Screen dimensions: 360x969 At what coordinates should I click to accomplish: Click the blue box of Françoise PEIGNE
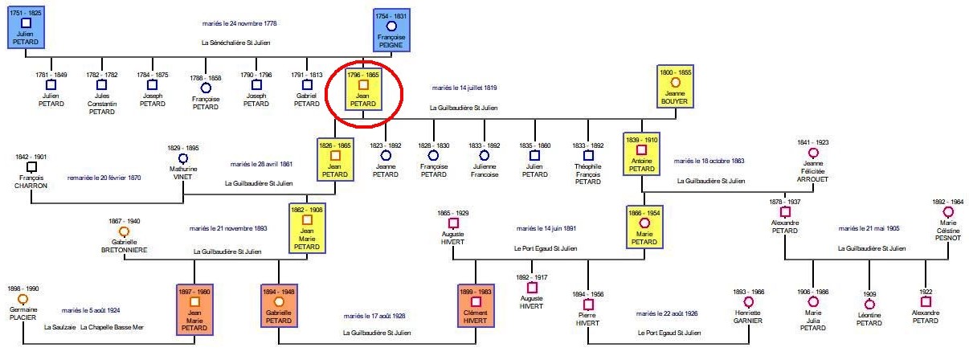391,31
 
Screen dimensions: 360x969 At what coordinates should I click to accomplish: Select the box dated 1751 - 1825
27,31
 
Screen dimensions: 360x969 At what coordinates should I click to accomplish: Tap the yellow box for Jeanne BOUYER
675,88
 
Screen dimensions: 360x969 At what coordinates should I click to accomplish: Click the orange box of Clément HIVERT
476,306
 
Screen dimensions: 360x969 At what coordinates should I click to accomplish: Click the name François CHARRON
31,182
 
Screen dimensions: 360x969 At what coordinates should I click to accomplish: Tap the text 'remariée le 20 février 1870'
104,178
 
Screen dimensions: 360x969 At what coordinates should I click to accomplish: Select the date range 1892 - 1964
948,202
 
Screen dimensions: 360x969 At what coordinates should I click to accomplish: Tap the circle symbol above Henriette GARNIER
749,302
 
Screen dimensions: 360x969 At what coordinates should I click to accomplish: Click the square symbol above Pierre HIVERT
588,305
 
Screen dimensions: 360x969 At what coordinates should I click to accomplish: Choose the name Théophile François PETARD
588,174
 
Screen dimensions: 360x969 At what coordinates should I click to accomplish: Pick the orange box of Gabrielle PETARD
279,306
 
